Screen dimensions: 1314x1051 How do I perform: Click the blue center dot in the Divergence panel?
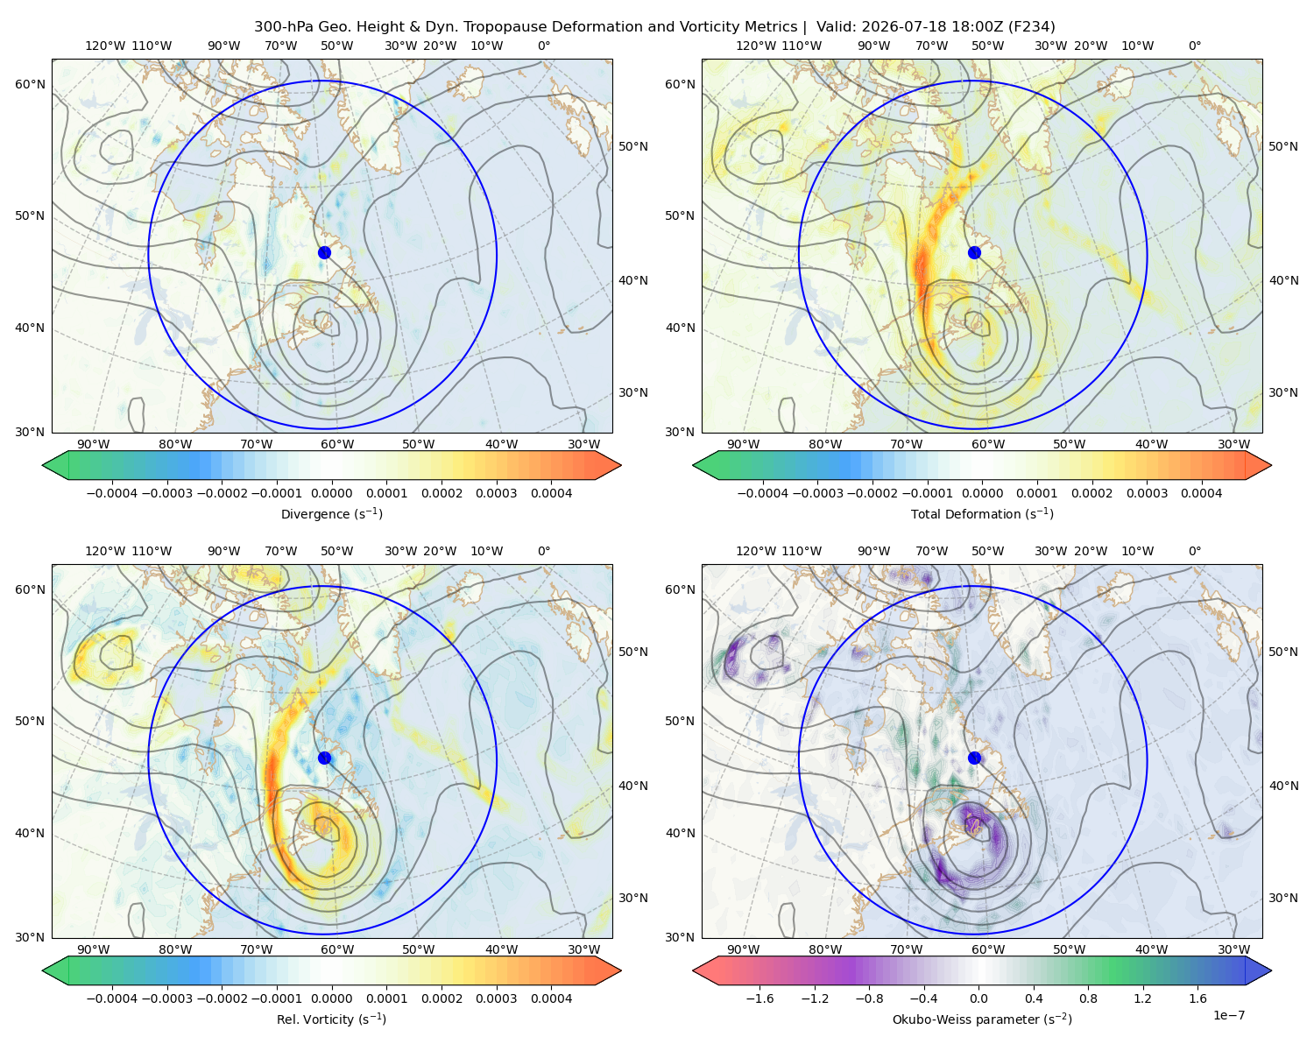(x=324, y=253)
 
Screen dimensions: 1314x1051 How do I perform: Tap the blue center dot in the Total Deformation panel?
(x=974, y=253)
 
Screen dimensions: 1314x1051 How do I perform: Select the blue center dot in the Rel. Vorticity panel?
(x=324, y=758)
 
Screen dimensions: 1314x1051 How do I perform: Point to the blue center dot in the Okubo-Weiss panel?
(x=974, y=758)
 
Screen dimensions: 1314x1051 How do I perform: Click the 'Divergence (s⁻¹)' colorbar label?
(x=331, y=513)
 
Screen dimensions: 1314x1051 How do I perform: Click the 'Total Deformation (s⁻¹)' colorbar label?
(x=982, y=513)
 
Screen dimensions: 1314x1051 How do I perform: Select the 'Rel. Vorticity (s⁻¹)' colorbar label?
(x=331, y=1019)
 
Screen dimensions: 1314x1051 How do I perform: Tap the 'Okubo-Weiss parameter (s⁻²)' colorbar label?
(x=982, y=1019)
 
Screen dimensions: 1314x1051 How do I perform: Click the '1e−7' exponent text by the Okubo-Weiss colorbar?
(x=1228, y=1015)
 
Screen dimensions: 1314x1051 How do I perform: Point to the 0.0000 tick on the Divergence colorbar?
(x=331, y=493)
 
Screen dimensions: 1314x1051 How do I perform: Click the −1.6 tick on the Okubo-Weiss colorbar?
(x=759, y=998)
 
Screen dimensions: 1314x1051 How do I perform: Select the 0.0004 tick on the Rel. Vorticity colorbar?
(x=551, y=998)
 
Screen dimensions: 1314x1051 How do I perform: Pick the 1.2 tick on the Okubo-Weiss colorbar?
(x=1142, y=998)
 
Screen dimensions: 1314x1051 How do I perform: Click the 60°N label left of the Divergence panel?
(x=30, y=84)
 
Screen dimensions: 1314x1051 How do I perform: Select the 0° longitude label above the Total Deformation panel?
(x=1194, y=46)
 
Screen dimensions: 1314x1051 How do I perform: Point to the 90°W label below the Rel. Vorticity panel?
(x=94, y=949)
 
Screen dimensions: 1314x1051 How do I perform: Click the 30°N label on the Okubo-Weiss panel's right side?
(x=1283, y=898)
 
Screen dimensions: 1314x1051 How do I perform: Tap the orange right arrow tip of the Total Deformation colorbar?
(x=1271, y=465)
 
